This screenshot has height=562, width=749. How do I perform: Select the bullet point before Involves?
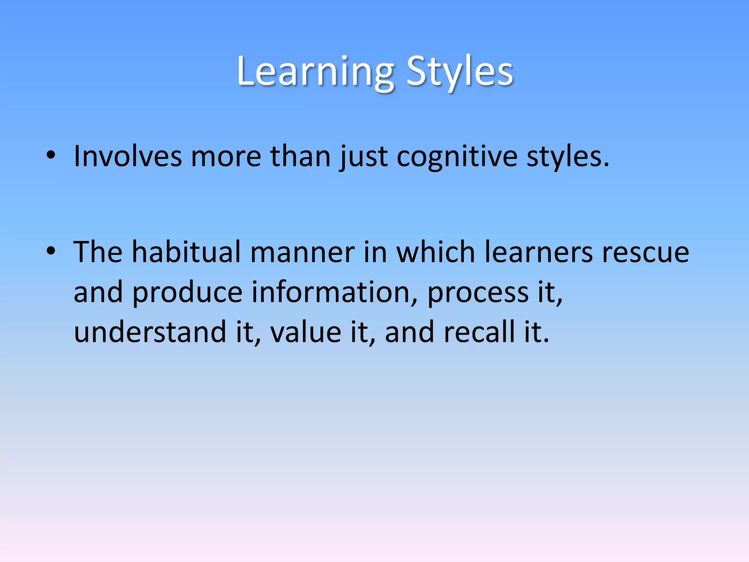point(51,155)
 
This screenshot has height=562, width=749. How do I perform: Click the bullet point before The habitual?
point(51,251)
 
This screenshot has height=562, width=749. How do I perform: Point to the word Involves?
point(128,157)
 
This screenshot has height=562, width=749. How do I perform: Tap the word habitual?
point(186,252)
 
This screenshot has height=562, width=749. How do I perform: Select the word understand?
point(150,332)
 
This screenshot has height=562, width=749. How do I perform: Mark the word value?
point(306,332)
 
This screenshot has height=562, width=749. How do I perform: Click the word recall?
point(479,332)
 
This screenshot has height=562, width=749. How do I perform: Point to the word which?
point(436,252)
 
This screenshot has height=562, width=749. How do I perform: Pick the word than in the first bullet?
point(300,157)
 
